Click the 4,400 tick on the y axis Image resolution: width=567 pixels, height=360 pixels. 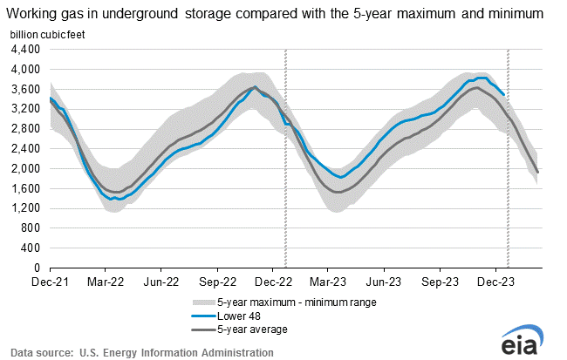tap(26, 49)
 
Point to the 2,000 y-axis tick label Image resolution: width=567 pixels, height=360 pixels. tap(26, 168)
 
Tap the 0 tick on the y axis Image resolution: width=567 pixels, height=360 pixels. tap(37, 268)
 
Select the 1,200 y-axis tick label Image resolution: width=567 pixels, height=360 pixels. tap(26, 208)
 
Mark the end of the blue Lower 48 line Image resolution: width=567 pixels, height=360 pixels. tap(503, 94)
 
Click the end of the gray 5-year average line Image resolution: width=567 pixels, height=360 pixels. tap(537, 172)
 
